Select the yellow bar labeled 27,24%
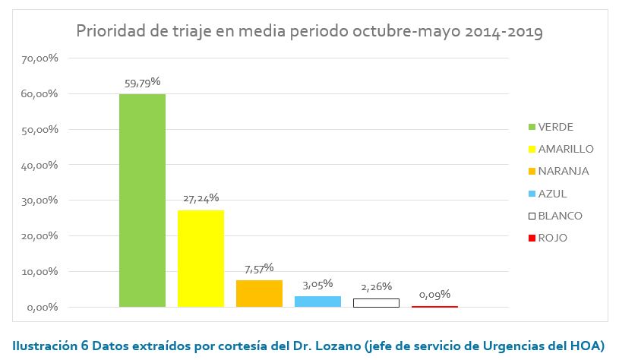pos(201,258)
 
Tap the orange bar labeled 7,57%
pos(259,293)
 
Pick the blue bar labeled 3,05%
pos(317,301)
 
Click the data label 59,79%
pos(142,82)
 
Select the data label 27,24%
pos(201,198)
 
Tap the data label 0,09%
pos(434,294)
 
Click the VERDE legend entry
pos(555,127)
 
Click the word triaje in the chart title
pos(201,33)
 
